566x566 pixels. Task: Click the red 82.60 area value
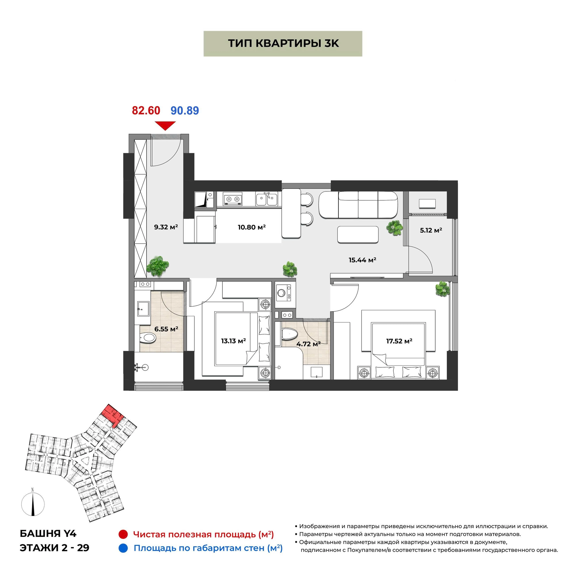click(146, 110)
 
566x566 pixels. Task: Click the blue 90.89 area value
click(185, 110)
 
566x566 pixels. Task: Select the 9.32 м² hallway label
click(166, 227)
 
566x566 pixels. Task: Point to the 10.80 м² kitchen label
click(252, 227)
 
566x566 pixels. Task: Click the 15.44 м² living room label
click(363, 260)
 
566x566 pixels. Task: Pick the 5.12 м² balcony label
click(431, 230)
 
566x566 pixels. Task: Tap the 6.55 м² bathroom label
click(166, 329)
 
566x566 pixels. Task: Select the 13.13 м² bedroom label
click(233, 341)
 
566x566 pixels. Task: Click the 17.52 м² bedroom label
click(399, 341)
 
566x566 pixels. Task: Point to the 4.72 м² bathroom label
click(308, 344)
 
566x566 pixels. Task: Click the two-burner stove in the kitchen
click(233, 199)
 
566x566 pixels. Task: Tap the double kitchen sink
click(266, 199)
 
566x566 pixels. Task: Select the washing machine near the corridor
click(283, 293)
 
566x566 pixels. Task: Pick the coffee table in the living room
click(358, 234)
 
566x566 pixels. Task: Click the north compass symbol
click(33, 505)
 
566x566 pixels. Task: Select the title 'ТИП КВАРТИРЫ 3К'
click(283, 43)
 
